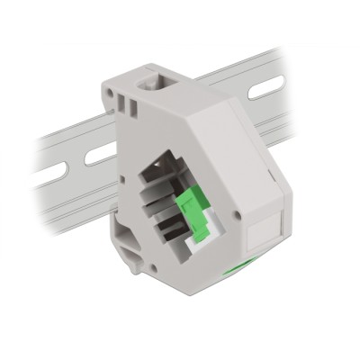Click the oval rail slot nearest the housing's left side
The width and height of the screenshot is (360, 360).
click(100, 154)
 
